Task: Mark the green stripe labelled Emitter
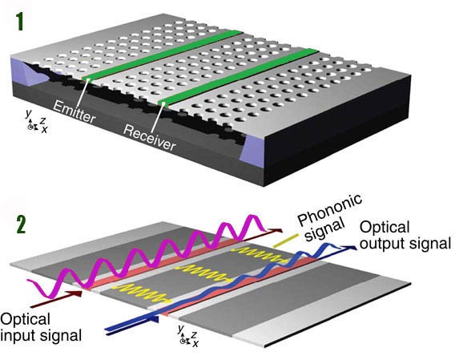160,54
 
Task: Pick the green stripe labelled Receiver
240,75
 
